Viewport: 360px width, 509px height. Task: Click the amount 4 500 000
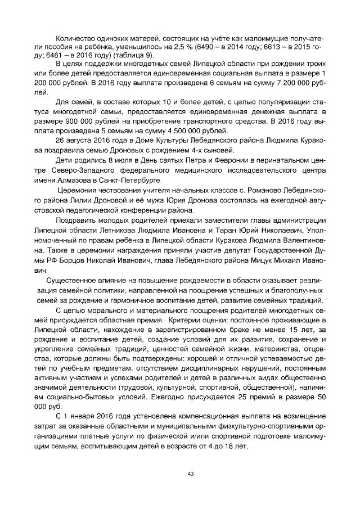tap(183, 130)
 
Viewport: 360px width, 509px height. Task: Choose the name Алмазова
tap(70, 181)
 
